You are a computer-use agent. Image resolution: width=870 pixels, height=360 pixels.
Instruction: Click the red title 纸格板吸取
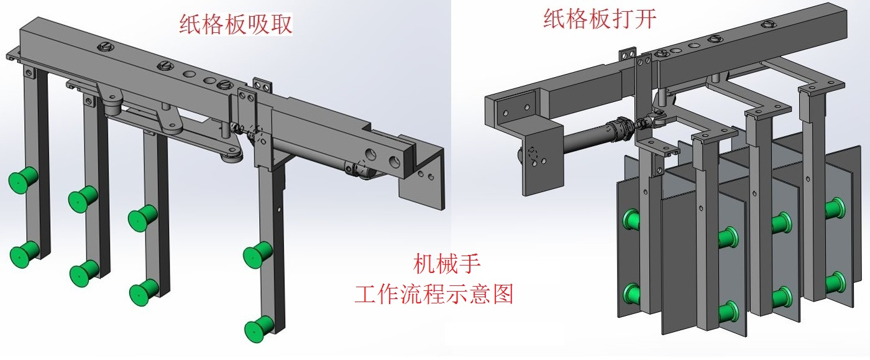pos(236,24)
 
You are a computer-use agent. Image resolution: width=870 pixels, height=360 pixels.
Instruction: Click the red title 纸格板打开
pos(599,18)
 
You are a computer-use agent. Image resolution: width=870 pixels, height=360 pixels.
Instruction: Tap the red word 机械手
pos(446,264)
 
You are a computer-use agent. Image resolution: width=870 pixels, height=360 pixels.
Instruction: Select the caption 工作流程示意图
pos(434,292)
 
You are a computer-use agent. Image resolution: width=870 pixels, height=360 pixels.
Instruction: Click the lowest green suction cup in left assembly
pos(258,328)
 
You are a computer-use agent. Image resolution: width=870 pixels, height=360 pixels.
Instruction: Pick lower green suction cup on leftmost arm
pos(24,252)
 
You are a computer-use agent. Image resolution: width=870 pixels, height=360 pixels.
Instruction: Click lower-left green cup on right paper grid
pos(633,292)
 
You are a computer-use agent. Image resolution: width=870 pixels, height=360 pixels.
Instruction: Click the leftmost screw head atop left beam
pos(106,47)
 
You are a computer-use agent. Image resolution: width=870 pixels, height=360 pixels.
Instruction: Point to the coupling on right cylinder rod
pos(621,128)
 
